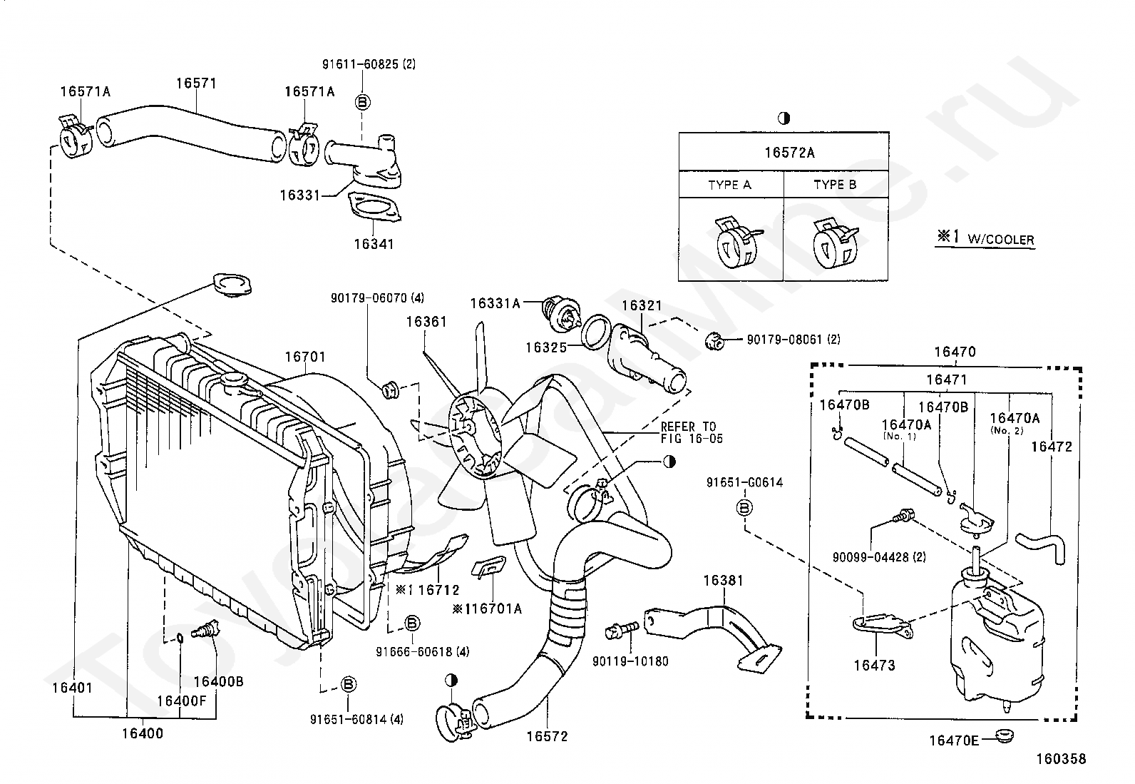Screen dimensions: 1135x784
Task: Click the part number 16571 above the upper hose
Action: pos(196,83)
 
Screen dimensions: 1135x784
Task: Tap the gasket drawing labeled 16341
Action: pos(374,208)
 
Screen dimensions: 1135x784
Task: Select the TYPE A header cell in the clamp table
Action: pos(730,185)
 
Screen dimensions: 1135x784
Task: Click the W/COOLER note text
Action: pos(1001,240)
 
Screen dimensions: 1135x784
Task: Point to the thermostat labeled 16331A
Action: pos(561,314)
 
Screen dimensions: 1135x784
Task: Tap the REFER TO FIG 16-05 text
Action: pos(692,432)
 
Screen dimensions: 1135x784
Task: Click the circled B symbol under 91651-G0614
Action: pos(744,507)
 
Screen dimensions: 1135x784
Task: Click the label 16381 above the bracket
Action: pos(723,581)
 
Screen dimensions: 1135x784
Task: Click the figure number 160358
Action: pos(1061,758)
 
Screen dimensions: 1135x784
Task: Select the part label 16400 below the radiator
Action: pos(143,733)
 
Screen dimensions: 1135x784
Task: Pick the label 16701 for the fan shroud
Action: pos(304,357)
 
